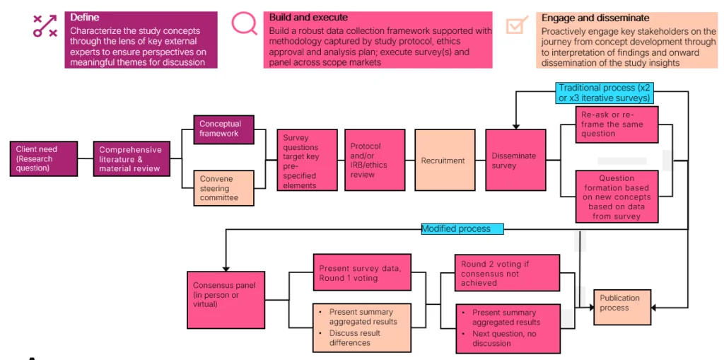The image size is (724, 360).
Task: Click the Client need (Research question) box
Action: pos(44,159)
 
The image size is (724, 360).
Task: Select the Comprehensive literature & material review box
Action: pos(132,159)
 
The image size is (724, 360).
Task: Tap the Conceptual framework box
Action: pos(224,129)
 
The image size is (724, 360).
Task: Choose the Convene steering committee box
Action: pos(224,188)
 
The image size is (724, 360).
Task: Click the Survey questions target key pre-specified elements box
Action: pos(307,160)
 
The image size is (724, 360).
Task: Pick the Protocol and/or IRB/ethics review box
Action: pos(375,160)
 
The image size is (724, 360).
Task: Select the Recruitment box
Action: pos(445,160)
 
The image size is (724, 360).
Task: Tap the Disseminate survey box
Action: pos(515,160)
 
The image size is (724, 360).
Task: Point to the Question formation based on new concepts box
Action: pos(617,197)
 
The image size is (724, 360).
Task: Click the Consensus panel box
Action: pos(226,300)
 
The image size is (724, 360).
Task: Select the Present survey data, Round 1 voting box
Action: pos(362,272)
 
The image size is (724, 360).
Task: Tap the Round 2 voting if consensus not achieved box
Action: pos(507,273)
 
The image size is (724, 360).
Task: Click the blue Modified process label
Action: pos(462,228)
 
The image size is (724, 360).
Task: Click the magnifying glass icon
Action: pos(244,23)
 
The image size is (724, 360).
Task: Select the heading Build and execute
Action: pos(308,18)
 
